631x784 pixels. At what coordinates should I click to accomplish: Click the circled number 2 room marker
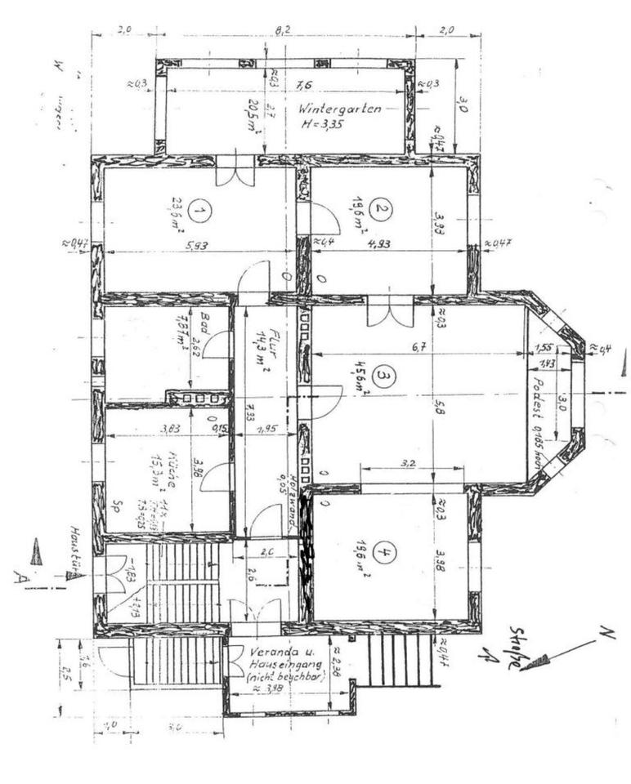(379, 208)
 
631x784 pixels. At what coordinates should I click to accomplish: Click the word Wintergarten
(338, 109)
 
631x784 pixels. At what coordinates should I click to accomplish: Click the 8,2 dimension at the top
(283, 30)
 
